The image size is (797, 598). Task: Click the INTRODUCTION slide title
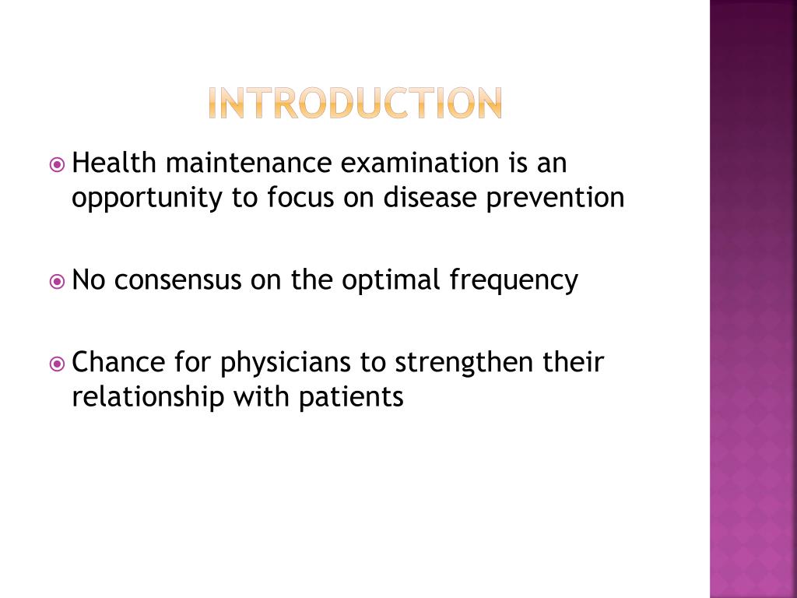(x=355, y=104)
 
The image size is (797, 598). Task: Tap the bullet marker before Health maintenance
(x=57, y=165)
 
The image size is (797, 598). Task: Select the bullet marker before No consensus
(x=57, y=281)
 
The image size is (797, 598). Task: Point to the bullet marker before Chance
(x=57, y=364)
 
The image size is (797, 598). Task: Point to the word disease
(x=430, y=198)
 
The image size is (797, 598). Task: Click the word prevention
(x=556, y=198)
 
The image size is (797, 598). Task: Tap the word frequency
(x=514, y=281)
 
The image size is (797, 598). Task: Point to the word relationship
(x=149, y=398)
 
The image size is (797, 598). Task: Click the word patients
(x=350, y=398)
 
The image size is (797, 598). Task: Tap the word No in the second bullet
(x=86, y=280)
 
